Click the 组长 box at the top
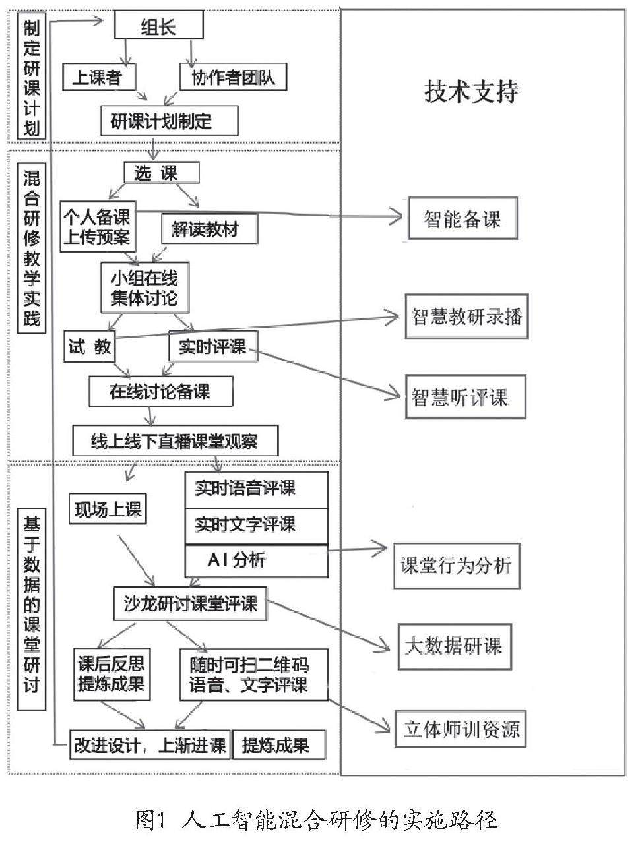159,26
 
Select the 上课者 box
99,77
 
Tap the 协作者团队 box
233,77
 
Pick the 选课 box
160,173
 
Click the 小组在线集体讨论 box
144,287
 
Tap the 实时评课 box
212,346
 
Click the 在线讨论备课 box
160,391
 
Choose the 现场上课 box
108,509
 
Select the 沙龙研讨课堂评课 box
191,603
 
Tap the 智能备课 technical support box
462,219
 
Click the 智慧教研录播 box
466,316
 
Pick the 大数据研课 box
454,646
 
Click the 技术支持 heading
471,92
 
